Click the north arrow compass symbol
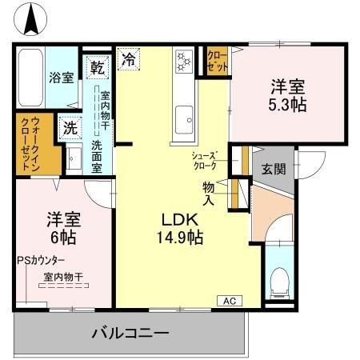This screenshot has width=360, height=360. click(33, 18)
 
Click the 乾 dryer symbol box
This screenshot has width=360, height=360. click(97, 66)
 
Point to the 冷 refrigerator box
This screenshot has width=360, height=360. click(129, 58)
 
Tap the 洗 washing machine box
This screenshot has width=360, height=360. click(70, 127)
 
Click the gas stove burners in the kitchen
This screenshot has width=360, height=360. click(184, 61)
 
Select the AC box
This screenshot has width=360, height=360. click(228, 301)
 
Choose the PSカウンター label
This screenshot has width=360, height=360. click(41, 261)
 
